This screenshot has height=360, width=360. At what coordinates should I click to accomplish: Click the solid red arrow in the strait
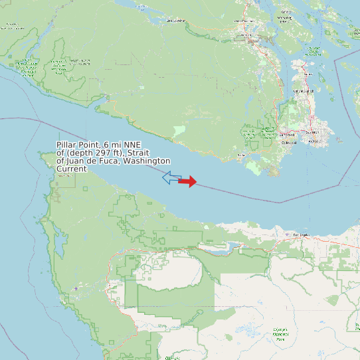click(x=188, y=181)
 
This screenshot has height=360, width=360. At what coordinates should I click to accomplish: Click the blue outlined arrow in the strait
click(x=172, y=177)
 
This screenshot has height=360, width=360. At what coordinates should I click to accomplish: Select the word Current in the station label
click(x=71, y=169)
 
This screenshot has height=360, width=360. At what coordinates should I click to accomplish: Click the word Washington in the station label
click(x=146, y=161)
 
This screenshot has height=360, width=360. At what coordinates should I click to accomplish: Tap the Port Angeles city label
click(x=302, y=235)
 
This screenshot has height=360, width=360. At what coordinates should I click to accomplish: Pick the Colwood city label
click(x=289, y=142)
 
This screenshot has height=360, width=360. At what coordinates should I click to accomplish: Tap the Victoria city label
click(x=315, y=141)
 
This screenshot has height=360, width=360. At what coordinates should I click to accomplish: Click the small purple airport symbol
click(x=76, y=288)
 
